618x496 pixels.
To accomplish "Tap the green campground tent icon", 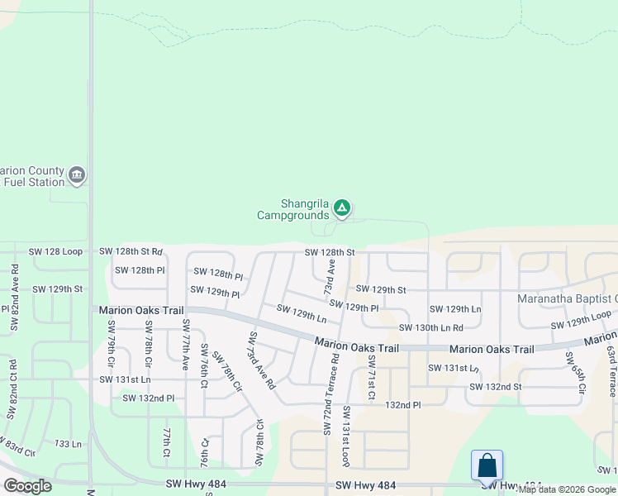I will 342,208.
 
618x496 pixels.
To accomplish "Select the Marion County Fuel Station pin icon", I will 77,174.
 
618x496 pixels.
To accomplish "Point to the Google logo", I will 27,486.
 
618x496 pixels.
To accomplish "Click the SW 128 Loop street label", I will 55,251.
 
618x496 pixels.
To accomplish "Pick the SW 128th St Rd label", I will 131,251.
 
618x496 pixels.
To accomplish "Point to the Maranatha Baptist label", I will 567,298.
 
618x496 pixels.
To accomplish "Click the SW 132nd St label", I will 495,386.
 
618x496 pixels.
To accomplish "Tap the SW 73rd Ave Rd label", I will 261,360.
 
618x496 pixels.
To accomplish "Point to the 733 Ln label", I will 68,444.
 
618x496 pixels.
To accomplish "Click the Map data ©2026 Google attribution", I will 568,489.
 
